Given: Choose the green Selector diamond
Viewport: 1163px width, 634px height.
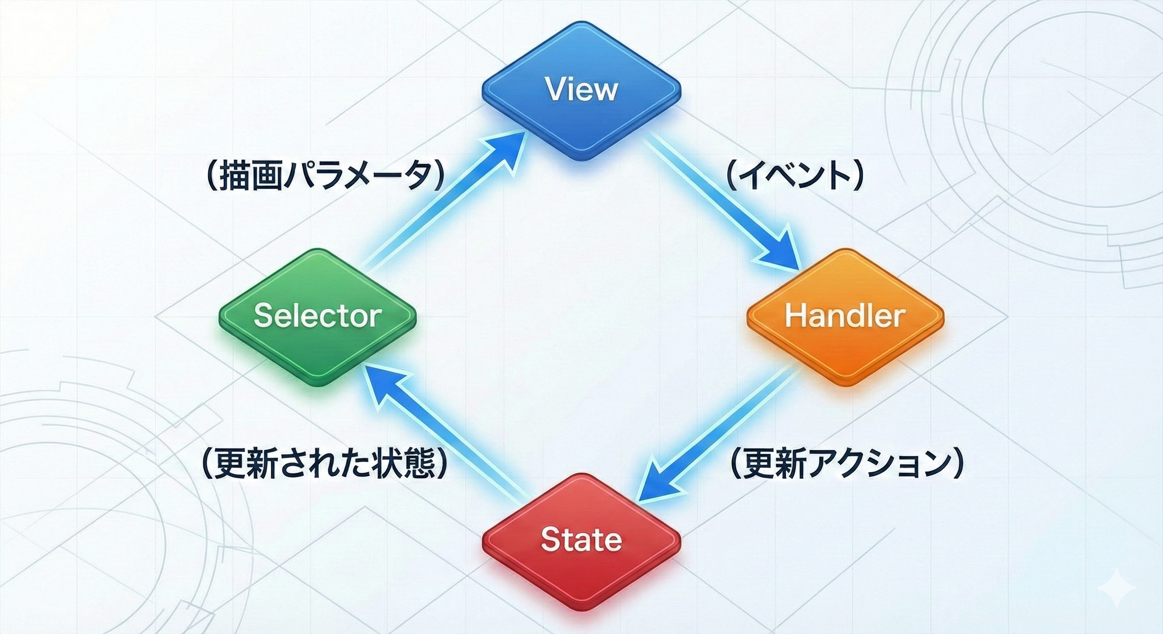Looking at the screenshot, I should pos(317,343).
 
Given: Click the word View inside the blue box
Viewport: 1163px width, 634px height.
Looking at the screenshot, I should pos(581,89).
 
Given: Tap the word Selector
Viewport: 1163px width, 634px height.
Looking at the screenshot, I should pos(317,315).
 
